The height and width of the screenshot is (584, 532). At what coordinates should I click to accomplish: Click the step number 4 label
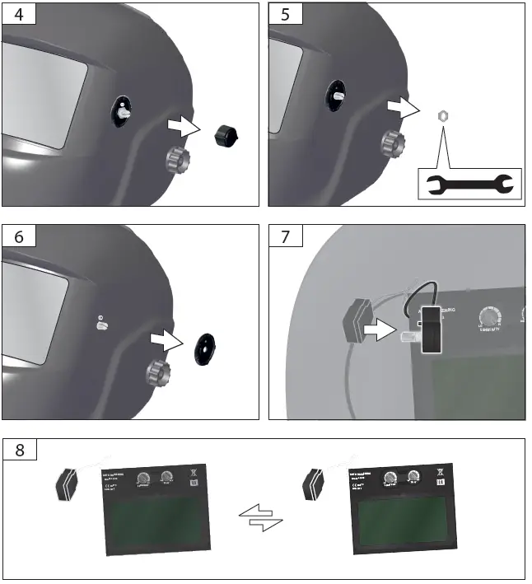18,14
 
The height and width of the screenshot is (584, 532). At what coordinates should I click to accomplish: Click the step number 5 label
285,14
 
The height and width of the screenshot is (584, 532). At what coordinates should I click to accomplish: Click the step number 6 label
18,236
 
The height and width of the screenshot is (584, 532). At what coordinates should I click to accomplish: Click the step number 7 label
285,236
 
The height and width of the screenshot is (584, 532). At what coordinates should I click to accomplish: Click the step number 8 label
18,450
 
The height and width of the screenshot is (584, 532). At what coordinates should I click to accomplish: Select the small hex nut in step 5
441,116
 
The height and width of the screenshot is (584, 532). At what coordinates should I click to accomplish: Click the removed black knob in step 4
225,133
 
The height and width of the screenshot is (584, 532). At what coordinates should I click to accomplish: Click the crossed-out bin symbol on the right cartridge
443,473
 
